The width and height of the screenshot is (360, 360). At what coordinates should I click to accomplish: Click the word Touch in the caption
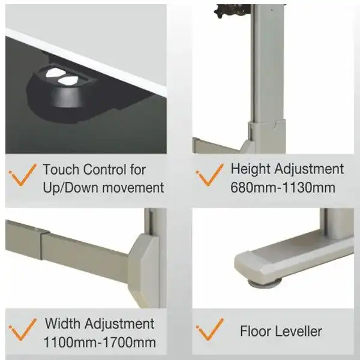click(x=61, y=169)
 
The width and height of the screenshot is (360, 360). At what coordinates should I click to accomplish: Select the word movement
click(x=133, y=188)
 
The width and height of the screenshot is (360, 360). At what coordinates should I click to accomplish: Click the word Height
click(x=251, y=169)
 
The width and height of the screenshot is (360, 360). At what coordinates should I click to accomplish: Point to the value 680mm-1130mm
click(x=283, y=188)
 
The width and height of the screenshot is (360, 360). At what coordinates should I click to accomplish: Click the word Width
click(x=62, y=323)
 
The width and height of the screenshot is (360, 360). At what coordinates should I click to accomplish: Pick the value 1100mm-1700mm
click(x=100, y=343)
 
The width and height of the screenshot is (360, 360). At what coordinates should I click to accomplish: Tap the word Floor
click(x=255, y=331)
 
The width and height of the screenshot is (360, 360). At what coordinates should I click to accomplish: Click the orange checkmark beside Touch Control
click(x=23, y=175)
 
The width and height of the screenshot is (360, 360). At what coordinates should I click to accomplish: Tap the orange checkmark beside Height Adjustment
click(x=209, y=175)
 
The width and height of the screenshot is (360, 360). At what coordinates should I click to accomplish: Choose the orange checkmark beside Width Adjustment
click(x=23, y=329)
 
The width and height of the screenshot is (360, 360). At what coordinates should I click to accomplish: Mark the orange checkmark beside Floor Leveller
click(x=209, y=329)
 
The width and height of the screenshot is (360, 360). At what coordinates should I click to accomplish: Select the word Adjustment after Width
click(x=119, y=324)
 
